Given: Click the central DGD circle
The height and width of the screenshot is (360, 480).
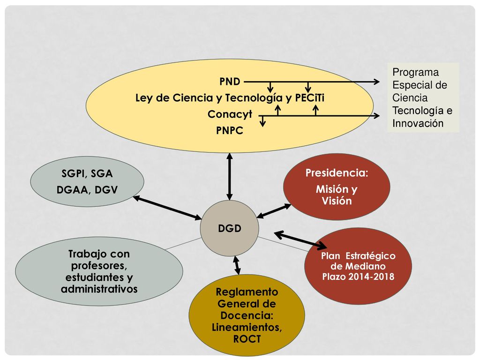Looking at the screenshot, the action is point(230,228).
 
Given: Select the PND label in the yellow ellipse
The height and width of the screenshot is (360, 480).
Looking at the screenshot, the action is point(230,82).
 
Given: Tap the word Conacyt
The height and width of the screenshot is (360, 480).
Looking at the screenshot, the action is point(230,114).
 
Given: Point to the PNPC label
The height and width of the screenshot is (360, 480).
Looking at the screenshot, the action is point(230,130).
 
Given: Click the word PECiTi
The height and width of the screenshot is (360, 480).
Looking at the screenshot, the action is point(309,98).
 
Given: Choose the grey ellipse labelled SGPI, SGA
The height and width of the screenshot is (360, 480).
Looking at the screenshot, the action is point(87,181).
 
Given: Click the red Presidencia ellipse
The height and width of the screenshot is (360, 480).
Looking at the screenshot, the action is point(337,187).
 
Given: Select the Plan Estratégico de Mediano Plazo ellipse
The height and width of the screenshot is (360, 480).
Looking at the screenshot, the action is point(358,266).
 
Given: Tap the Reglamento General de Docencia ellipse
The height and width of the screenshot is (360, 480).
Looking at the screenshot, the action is point(247,315).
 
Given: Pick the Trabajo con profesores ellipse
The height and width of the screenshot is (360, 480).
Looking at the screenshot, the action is point(99,271).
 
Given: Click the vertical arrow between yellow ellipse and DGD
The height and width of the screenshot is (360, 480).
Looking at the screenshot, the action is point(230,177).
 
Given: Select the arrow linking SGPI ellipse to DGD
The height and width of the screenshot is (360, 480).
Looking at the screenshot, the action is point(167,208).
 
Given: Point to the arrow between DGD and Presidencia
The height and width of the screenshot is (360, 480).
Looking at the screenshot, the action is point(274,211).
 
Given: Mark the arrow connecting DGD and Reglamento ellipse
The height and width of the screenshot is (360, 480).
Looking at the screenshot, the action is point(237,265).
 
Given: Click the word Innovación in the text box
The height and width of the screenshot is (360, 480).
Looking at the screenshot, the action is point(418,123).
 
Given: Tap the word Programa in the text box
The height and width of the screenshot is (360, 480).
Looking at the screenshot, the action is point(415,72).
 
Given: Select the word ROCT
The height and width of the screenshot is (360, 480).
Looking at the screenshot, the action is point(247,339).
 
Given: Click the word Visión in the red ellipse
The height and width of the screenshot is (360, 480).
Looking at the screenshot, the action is point(337,201).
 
